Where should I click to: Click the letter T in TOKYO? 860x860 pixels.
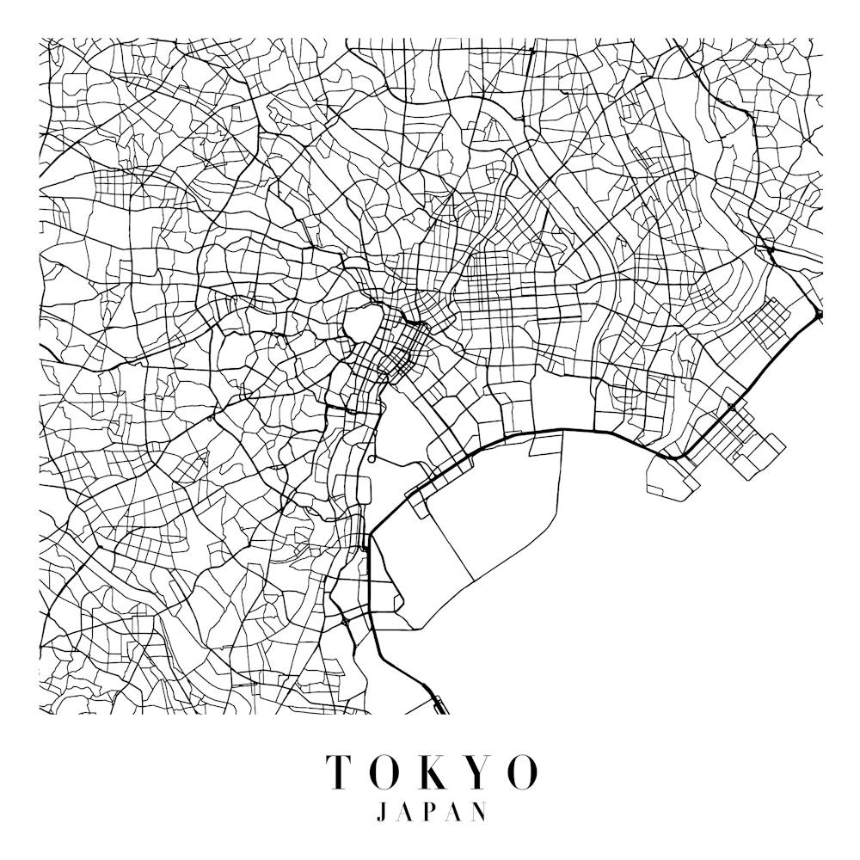338,771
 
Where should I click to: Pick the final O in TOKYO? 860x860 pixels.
520,771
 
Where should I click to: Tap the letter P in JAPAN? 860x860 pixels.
432,813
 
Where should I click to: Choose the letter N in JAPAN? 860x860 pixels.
479,813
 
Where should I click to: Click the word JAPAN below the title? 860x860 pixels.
431,813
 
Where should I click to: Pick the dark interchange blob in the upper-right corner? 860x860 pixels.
771,250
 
